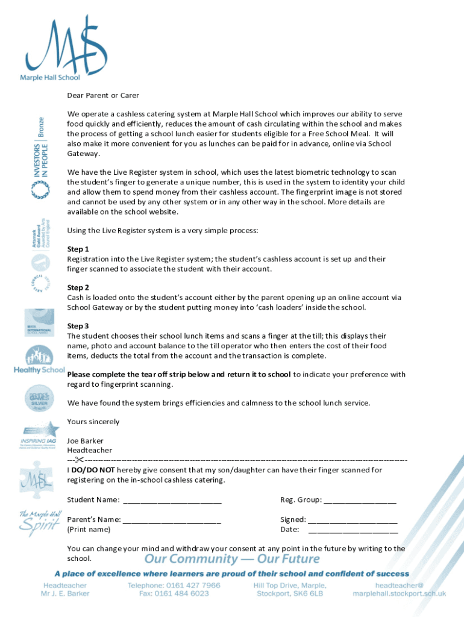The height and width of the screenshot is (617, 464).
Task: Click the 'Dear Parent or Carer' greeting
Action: [103, 95]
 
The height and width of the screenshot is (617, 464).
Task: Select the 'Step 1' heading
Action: [78, 249]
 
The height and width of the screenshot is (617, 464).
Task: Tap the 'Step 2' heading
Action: [78, 287]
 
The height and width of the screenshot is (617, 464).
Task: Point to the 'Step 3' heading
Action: [78, 326]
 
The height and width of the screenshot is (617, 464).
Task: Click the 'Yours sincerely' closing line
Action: [93, 421]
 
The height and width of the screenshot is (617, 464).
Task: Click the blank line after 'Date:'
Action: [353, 530]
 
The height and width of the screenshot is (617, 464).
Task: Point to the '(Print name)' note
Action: [89, 530]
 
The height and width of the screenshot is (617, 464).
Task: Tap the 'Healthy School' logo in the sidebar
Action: [39, 360]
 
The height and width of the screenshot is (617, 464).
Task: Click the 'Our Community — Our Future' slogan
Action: [231, 559]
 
